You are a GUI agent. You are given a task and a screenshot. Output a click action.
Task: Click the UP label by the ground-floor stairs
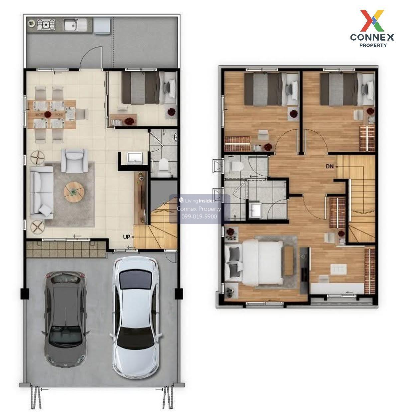pos(126,237)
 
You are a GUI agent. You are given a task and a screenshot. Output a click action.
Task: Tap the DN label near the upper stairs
pos(330,166)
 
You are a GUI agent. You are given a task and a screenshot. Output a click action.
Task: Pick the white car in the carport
pos(136,317)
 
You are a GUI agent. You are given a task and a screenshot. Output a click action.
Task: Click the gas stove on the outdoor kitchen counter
pos(46,24)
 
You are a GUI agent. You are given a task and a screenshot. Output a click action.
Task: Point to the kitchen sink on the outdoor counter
pos(76,25)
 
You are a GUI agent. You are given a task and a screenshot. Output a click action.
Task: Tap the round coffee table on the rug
pos(74,192)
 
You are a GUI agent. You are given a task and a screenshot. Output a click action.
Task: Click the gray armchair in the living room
pos(74,161)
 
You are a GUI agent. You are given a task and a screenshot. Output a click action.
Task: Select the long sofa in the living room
pos(42,193)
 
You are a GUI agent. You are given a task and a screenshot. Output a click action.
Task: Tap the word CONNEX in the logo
pos(372,38)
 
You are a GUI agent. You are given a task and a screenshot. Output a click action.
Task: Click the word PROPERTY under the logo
pos(373,45)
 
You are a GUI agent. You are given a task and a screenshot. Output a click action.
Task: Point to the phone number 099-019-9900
pos(199,216)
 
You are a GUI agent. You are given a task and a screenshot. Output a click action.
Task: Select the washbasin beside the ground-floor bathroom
pos(134,158)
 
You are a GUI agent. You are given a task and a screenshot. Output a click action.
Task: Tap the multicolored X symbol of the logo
pos(372,21)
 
